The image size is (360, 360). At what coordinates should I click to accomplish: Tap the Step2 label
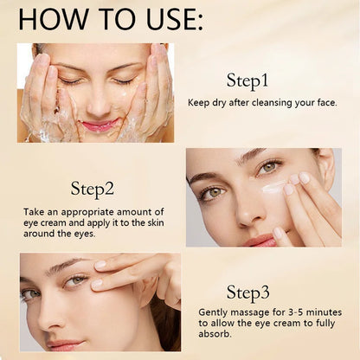[93, 188]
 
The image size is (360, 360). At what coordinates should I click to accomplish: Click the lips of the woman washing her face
[100, 125]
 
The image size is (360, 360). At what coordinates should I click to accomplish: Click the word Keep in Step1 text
[200, 101]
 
